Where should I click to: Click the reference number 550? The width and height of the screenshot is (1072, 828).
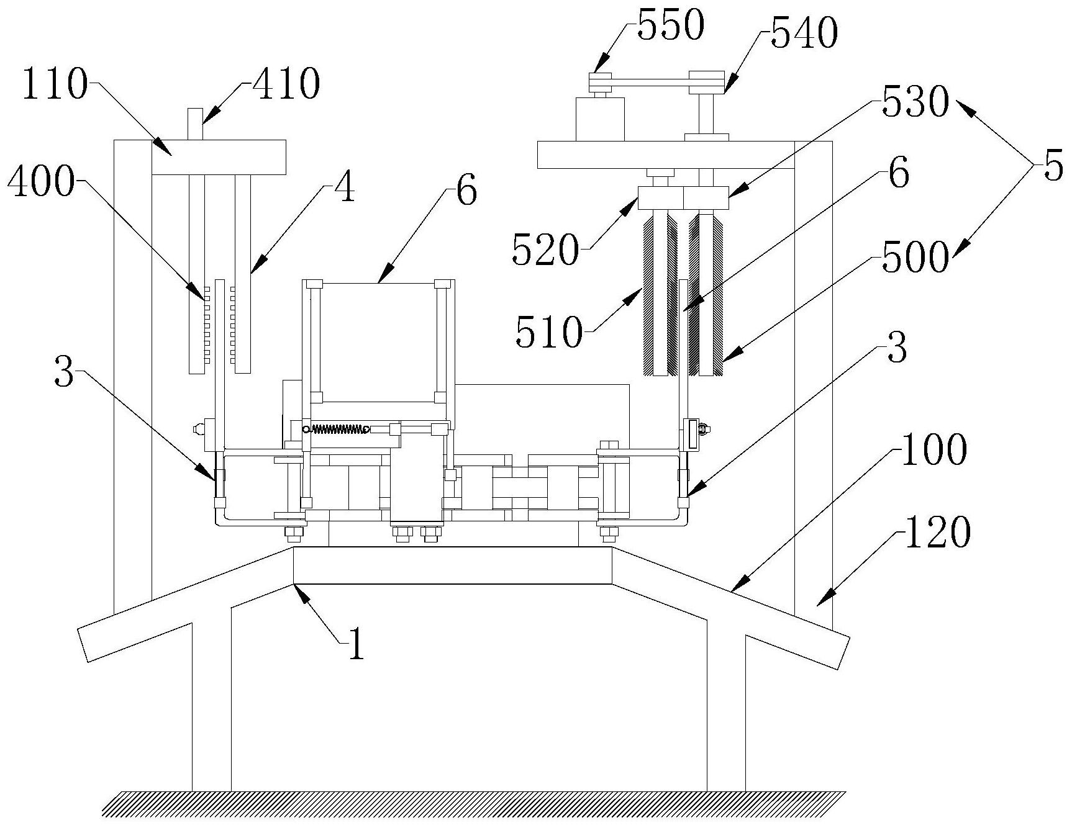pyautogui.click(x=671, y=26)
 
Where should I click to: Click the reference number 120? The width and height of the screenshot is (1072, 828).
pyautogui.click(x=937, y=533)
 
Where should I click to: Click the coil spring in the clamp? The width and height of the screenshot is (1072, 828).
pyautogui.click(x=339, y=428)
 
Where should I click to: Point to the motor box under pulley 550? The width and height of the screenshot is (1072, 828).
pyautogui.click(x=600, y=119)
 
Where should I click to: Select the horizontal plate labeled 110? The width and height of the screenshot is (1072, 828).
pyautogui.click(x=219, y=157)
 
